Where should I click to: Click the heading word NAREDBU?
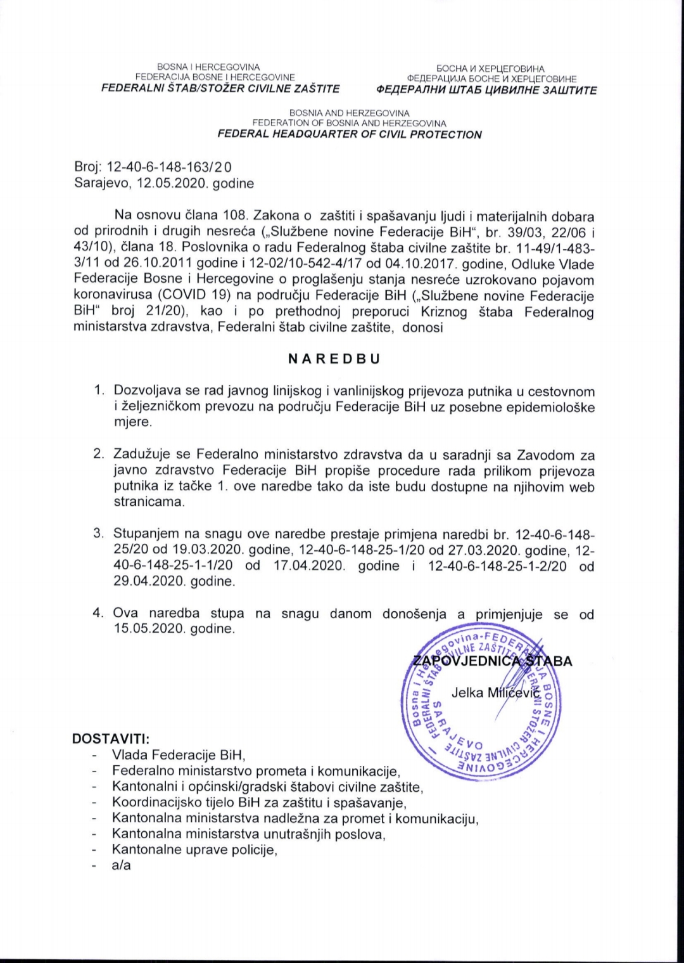coord(334,358)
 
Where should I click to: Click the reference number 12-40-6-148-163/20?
coord(170,167)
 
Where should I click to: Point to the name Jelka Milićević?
coord(495,692)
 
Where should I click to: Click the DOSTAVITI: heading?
coord(111,739)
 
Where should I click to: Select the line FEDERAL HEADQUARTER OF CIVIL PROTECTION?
coord(350,134)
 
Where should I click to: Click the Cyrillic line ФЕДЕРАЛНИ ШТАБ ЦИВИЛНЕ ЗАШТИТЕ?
coord(486,90)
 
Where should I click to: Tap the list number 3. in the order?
coord(99,533)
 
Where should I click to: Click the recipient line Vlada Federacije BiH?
coord(179,755)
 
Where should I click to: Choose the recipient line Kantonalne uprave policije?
coord(194,849)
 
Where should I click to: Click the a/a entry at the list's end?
coord(121,865)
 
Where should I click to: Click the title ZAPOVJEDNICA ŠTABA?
coord(492,661)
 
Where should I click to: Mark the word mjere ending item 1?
coord(132,422)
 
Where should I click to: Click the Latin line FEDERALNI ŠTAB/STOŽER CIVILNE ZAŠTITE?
coord(221,89)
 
